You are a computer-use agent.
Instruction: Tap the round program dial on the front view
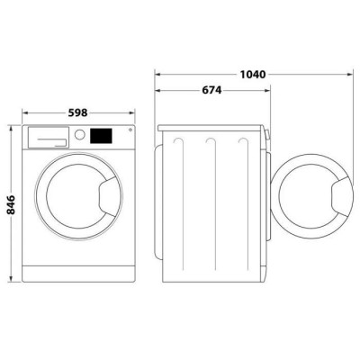79,136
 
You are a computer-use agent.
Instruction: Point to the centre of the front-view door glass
76,200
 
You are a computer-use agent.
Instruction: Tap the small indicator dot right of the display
129,131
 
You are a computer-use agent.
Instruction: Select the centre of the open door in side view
310,200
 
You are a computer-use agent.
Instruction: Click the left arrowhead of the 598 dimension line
24,113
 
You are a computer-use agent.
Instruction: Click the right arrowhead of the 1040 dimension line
348,74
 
